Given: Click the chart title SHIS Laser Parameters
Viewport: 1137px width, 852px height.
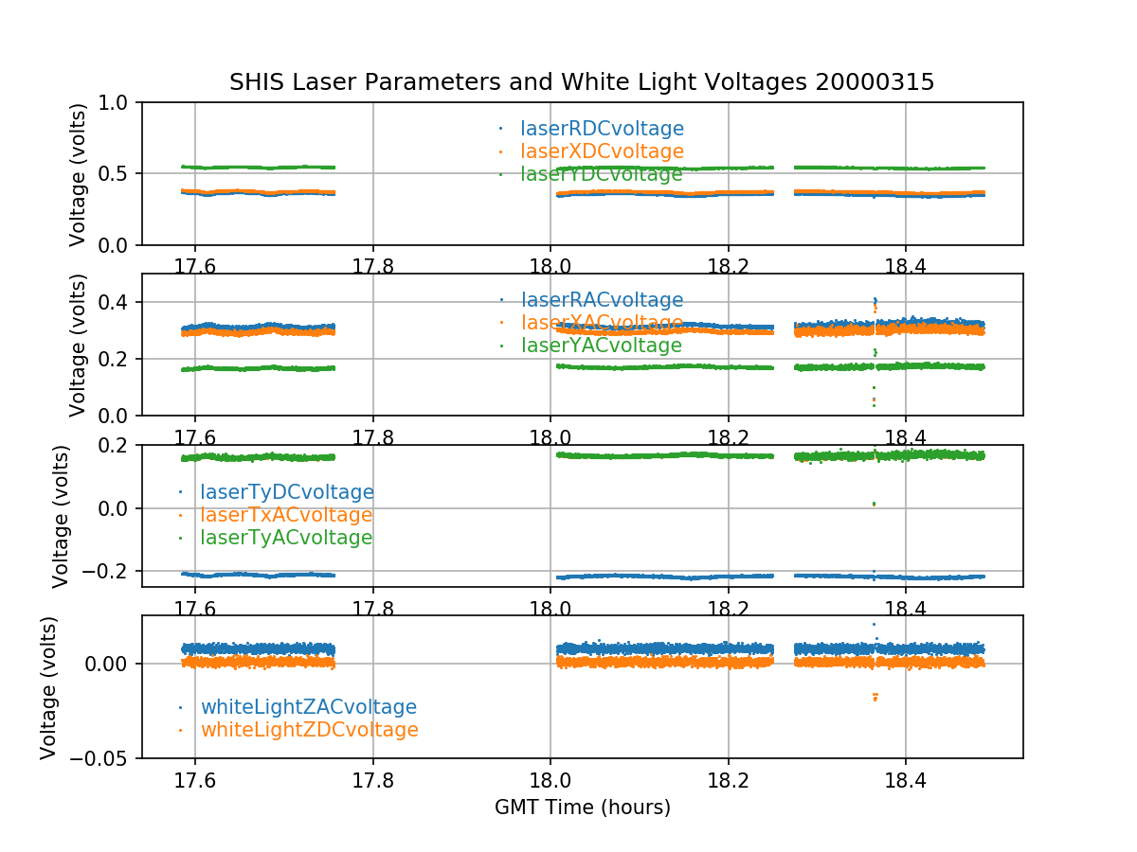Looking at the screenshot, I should click(x=582, y=82).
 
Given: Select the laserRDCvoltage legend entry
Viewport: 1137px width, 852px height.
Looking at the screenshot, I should click(x=602, y=129).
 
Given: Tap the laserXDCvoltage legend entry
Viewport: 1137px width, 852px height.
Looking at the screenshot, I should click(x=602, y=151).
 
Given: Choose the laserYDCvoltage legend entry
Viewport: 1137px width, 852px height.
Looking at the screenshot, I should click(x=602, y=174).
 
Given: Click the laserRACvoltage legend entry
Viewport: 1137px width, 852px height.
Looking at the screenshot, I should click(x=602, y=300).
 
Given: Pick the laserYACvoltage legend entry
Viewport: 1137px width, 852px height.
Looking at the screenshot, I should click(x=602, y=346).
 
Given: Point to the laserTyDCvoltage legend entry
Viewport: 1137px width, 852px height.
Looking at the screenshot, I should click(x=286, y=492).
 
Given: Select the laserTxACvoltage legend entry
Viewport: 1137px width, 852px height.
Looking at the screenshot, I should click(x=286, y=515).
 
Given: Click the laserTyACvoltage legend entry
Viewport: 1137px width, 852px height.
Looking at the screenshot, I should click(x=286, y=538).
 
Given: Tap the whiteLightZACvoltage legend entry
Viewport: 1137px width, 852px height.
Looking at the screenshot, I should click(x=308, y=707).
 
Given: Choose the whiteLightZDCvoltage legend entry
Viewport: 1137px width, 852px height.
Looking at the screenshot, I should click(x=309, y=730).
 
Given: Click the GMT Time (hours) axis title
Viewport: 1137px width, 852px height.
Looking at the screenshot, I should click(x=583, y=808).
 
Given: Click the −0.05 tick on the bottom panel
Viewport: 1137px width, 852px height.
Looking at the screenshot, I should click(x=104, y=758).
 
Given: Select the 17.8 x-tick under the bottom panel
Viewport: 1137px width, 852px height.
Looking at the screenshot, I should click(x=372, y=778).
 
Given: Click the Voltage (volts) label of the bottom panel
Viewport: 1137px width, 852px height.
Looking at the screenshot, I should click(x=49, y=687).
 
